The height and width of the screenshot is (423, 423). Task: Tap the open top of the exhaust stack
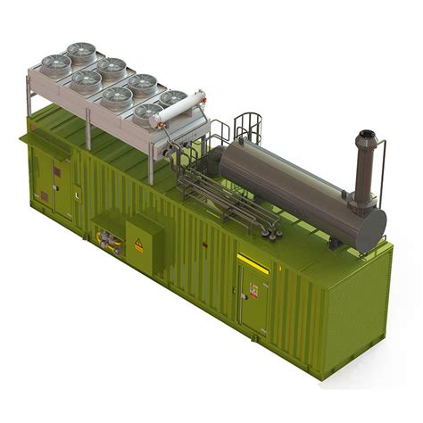[x=367, y=137]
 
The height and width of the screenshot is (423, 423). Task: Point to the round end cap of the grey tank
[x=369, y=231]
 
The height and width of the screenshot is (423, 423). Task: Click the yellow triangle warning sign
[x=138, y=244]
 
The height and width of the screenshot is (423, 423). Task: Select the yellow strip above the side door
[x=253, y=262]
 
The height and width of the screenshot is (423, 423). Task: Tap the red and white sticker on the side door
[x=253, y=289]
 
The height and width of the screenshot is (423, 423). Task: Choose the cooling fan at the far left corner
[x=56, y=64]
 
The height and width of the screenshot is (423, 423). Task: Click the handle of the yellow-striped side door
[x=241, y=294]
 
